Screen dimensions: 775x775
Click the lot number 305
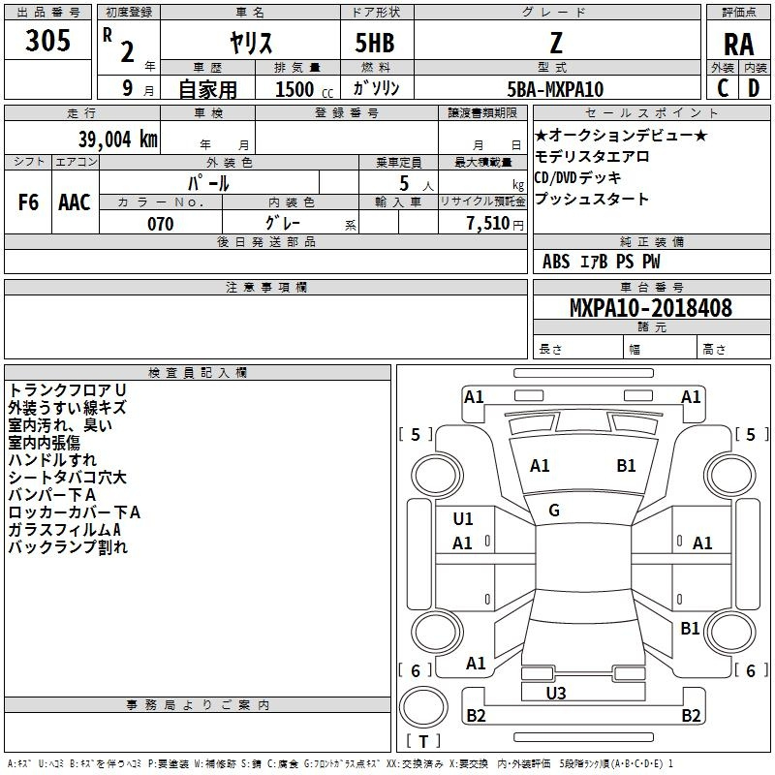pos(47,41)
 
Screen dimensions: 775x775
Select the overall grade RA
pos(738,45)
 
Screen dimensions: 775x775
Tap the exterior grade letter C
pos(723,88)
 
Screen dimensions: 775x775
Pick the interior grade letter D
pos(754,88)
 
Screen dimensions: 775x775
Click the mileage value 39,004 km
pos(117,139)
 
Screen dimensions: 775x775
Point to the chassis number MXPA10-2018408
pos(651,308)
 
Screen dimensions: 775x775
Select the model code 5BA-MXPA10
pos(555,89)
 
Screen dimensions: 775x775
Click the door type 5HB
pos(375,43)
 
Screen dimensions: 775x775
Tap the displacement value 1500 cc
pos(304,89)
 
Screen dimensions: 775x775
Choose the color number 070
pos(161,224)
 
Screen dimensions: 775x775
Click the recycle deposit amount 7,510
pos(488,223)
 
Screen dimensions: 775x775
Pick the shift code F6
pos(28,202)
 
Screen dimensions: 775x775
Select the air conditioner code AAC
pos(75,202)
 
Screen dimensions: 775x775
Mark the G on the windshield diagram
pos(554,511)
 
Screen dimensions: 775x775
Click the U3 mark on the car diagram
pos(556,693)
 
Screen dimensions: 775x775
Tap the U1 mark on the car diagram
pos(463,519)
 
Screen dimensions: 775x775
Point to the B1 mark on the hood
pos(626,466)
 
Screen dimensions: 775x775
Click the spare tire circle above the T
pos(423,707)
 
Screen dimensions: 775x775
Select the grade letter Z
pos(556,43)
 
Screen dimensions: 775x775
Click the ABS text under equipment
pos(556,262)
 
